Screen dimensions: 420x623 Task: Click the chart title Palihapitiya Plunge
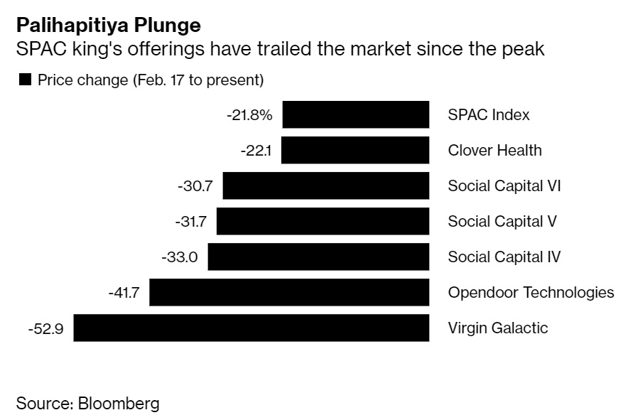pos(108,26)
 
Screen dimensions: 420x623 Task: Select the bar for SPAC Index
pos(355,114)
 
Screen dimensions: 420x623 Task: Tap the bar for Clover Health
pos(359,150)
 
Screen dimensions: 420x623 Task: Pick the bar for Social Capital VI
pos(326,185)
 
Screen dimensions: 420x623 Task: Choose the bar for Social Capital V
pos(323,221)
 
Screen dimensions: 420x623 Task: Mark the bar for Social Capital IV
pos(318,257)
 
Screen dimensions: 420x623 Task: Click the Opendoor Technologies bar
pos(289,292)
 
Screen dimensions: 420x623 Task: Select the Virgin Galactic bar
pos(251,328)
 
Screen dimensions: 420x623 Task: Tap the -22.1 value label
pos(257,150)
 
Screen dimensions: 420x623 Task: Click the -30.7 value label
pos(196,185)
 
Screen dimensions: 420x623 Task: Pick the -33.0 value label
pos(180,257)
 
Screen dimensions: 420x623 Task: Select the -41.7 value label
pos(123,292)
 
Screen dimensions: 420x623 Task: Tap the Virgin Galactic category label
pos(498,328)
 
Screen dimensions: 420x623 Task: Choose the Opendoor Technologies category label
pos(531,292)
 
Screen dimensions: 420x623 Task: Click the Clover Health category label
pos(494,150)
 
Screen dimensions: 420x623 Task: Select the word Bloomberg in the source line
pos(119,404)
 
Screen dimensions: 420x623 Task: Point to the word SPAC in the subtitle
pos(35,50)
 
